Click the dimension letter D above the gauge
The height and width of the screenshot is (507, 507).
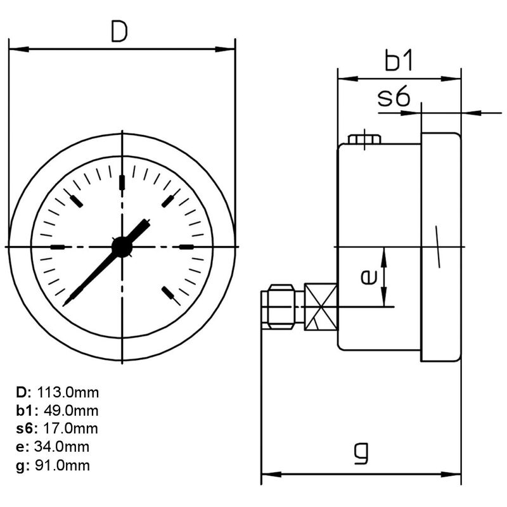point(119,32)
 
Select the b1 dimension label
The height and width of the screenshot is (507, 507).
point(399,62)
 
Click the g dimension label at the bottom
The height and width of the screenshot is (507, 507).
point(361,453)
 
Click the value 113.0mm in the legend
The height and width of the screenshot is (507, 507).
point(68,392)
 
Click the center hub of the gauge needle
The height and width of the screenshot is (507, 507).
point(121,247)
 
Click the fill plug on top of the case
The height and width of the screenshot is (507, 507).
point(364,139)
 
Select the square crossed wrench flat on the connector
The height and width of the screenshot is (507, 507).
point(321,307)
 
